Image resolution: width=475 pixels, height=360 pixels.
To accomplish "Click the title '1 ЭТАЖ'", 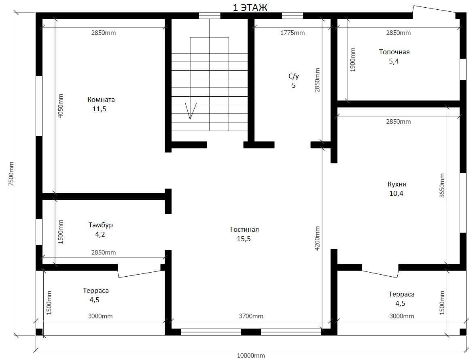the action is [x=250, y=8].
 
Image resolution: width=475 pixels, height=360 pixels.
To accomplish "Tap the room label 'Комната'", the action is [x=101, y=100].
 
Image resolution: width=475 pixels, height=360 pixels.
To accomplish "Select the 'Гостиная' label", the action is [x=244, y=229].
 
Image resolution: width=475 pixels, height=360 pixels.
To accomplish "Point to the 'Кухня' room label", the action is [x=397, y=184].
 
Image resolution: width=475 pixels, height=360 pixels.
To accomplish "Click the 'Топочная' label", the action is [x=394, y=52].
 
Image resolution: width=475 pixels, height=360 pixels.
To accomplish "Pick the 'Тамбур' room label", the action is [x=101, y=225].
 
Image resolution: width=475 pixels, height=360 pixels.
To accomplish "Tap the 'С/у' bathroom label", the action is [x=294, y=76].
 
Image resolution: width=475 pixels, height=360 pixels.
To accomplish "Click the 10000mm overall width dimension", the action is [x=251, y=356].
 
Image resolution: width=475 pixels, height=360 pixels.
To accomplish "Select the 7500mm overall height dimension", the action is [x=11, y=174].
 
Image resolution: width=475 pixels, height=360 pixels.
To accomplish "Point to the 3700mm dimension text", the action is [x=251, y=316].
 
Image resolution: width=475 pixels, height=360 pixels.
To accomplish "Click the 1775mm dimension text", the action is [x=293, y=33].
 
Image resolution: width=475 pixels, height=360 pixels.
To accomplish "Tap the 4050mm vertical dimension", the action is [x=61, y=106].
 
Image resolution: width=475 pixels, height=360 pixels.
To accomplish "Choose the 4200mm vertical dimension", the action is [x=317, y=238].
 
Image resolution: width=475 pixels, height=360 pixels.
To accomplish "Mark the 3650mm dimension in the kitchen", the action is [x=442, y=186].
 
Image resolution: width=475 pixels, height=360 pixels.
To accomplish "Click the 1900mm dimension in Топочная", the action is [x=353, y=59].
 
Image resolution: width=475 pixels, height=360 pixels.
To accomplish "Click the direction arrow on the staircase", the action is [x=190, y=110].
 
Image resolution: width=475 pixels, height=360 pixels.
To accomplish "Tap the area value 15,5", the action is [x=244, y=239].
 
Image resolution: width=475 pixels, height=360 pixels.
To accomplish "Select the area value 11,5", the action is [x=100, y=109].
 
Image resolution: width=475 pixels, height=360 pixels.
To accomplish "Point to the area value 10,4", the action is [x=396, y=193].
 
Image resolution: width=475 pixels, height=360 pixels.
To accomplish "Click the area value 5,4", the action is [x=394, y=61].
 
